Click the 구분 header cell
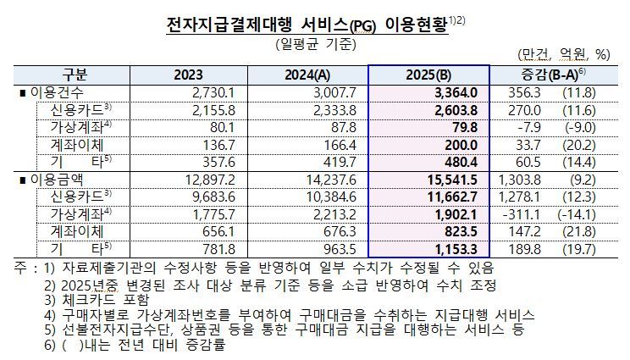pos(75,74)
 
